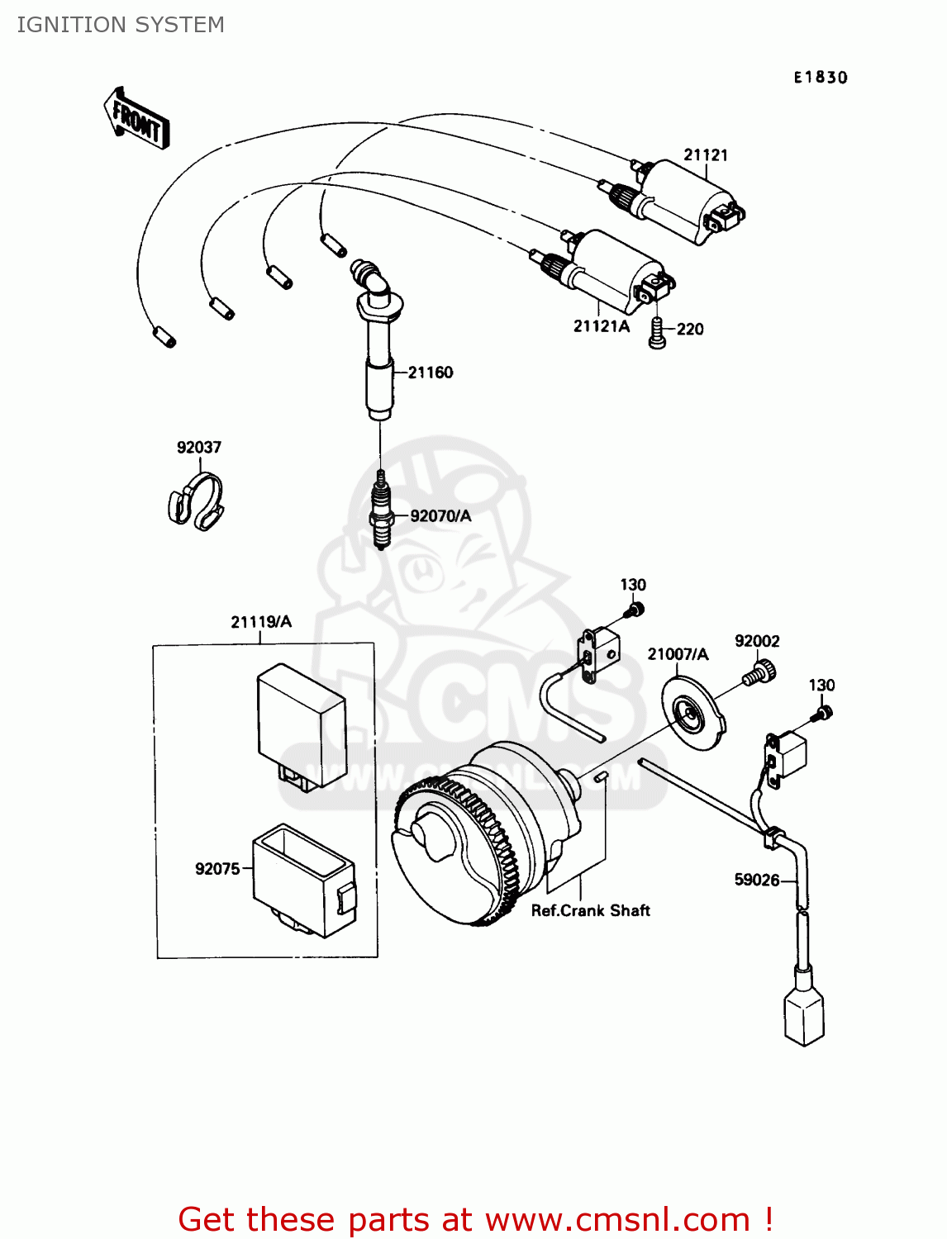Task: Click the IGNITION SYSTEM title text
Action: coord(121,25)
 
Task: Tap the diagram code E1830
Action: coord(820,78)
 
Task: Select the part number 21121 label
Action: coord(705,154)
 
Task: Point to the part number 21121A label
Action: coord(601,326)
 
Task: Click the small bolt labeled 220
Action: coord(657,333)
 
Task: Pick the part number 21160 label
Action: coord(430,373)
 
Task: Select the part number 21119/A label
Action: coord(261,622)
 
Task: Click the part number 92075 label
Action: coord(217,869)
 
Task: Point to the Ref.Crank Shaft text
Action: coord(590,910)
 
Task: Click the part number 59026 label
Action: coord(756,880)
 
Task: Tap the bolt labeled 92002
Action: coord(759,672)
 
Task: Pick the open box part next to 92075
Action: coord(303,880)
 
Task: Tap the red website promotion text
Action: coord(475,1219)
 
